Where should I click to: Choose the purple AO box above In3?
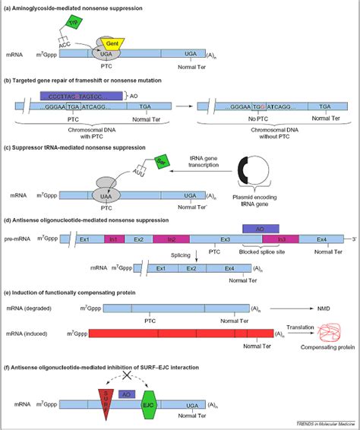(260, 227)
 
